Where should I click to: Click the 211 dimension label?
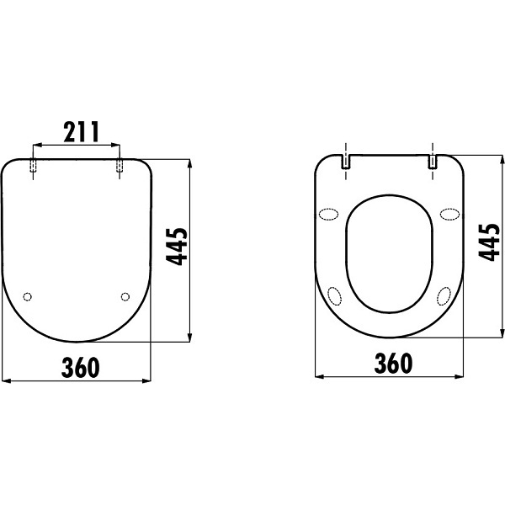(81, 132)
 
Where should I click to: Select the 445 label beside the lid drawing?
(177, 247)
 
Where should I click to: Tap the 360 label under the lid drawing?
(81, 368)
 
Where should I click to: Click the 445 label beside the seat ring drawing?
(489, 242)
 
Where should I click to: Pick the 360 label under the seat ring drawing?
(393, 363)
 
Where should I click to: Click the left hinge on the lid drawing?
(33, 165)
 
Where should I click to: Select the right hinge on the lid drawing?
(120, 165)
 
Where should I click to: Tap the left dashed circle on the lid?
(28, 296)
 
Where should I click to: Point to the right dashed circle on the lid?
(125, 296)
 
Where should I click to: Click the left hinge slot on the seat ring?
(346, 162)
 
